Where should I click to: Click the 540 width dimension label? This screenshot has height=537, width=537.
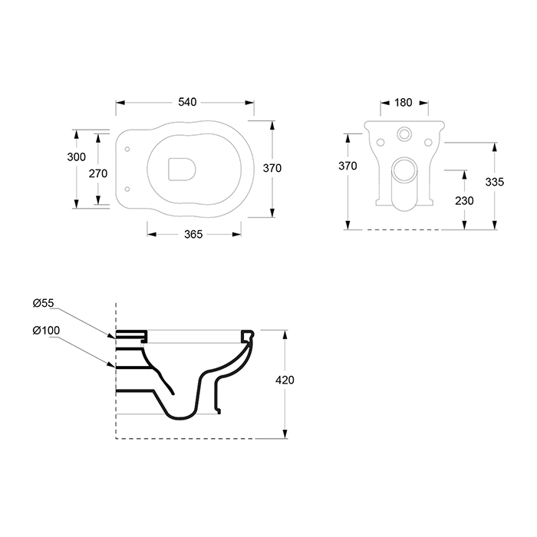click(187, 102)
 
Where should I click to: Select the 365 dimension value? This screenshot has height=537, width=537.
click(193, 234)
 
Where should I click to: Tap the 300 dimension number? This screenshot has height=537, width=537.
click(77, 156)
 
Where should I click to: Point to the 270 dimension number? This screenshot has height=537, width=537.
click(98, 173)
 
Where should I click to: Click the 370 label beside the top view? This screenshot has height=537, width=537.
click(272, 168)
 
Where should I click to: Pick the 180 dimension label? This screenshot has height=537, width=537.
click(403, 102)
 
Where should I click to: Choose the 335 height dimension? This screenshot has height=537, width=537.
click(495, 182)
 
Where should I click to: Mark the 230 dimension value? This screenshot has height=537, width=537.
click(464, 201)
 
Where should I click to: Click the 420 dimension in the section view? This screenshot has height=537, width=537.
click(285, 380)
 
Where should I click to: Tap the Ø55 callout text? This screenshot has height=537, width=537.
click(44, 303)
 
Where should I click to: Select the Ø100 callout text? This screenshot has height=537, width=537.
click(46, 331)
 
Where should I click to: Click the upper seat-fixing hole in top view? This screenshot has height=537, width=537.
click(127, 150)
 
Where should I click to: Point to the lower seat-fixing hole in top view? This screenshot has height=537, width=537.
click(127, 189)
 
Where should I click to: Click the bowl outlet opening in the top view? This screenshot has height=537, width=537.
click(182, 170)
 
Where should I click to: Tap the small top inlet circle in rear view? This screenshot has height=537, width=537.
click(404, 133)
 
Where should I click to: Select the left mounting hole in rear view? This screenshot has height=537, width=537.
click(381, 142)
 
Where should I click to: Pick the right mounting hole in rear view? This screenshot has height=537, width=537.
click(428, 142)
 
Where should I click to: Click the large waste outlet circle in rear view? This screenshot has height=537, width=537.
click(404, 170)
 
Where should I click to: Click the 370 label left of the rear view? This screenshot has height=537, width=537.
click(348, 166)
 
